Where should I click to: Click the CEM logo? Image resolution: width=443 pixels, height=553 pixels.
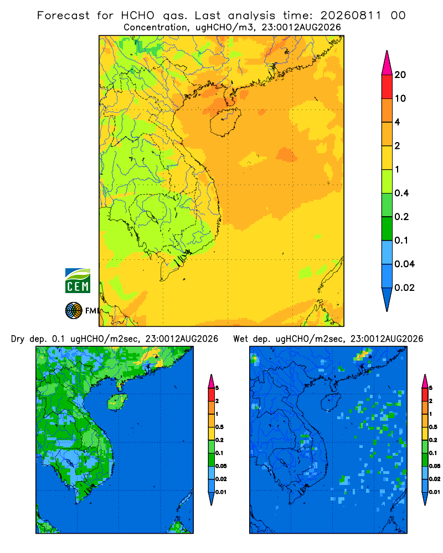[78, 281]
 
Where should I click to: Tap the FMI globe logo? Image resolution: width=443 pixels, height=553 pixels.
[74, 311]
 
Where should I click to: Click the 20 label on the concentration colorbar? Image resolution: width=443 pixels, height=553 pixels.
[400, 75]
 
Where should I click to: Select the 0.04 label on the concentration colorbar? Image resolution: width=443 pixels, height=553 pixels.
[404, 264]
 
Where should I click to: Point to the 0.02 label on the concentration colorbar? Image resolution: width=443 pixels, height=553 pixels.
[404, 288]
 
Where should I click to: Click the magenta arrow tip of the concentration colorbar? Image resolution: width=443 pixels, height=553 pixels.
[387, 62]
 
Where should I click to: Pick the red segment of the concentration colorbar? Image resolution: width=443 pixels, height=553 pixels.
[387, 87]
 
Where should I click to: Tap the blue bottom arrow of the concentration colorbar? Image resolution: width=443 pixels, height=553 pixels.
[387, 299]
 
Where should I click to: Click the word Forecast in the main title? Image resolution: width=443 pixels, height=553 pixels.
[63, 15]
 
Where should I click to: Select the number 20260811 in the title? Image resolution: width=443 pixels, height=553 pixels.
[351, 15]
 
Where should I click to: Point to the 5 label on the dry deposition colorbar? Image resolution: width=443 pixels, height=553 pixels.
[217, 388]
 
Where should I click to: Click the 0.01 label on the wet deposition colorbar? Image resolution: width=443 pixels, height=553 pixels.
[435, 492]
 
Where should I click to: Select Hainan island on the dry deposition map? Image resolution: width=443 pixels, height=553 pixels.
[117, 401]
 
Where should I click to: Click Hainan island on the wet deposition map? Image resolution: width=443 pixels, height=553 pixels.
[331, 401]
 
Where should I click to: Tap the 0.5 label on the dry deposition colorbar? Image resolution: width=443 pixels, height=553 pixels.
[219, 427]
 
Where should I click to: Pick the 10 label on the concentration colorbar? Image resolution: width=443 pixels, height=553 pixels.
[400, 98]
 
